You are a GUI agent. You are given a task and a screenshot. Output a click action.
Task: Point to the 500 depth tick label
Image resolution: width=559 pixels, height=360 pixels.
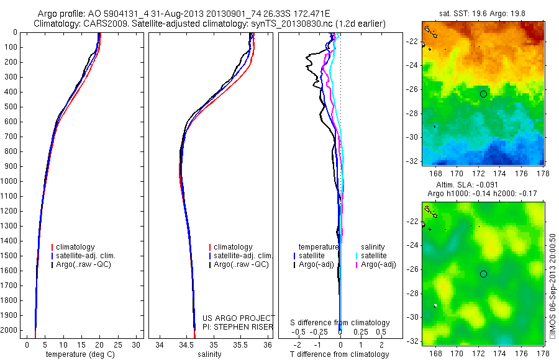(x=11, y=107)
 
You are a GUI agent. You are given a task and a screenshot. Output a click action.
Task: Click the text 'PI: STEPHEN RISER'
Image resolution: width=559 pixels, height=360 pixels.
(x=238, y=326)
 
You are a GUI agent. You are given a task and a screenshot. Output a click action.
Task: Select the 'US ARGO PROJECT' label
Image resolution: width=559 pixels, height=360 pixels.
(x=238, y=318)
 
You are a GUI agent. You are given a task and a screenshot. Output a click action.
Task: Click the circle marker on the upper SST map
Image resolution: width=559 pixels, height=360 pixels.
(x=484, y=94)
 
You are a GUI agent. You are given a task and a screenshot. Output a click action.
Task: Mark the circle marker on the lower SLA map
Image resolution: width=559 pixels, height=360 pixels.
(x=484, y=274)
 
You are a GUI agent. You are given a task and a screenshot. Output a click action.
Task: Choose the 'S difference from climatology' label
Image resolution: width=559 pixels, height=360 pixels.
(x=340, y=323)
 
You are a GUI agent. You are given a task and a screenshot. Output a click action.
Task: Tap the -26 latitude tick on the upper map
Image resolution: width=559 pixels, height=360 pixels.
(x=412, y=89)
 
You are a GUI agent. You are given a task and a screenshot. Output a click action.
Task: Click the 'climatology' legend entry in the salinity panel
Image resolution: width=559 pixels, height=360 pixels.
(x=232, y=247)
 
